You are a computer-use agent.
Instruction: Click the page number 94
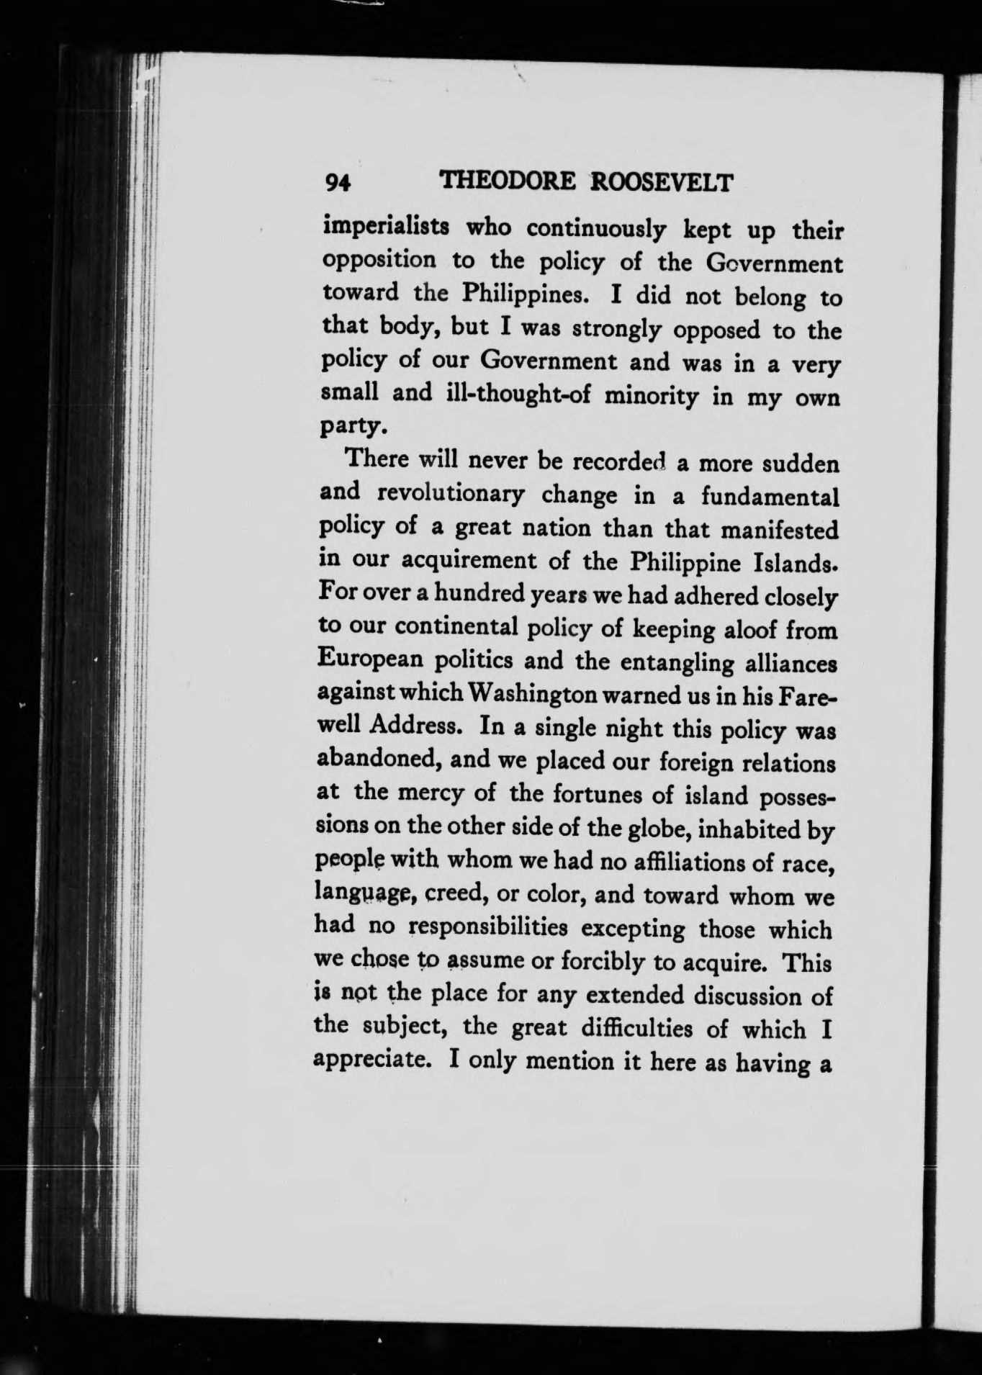tap(337, 182)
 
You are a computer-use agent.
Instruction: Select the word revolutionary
tap(449, 495)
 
